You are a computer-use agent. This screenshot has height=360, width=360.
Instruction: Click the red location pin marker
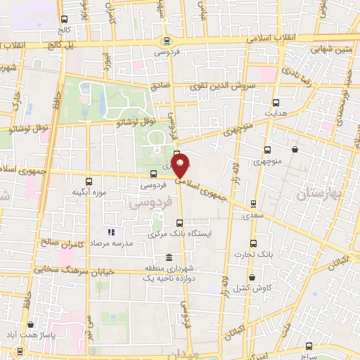pyautogui.click(x=181, y=165)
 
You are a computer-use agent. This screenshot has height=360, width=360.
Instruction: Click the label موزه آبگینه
pyautogui.click(x=89, y=192)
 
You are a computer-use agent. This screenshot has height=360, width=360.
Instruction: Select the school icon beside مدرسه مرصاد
pyautogui.click(x=110, y=232)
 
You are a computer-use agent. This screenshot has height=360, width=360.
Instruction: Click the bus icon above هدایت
pyautogui.click(x=275, y=103)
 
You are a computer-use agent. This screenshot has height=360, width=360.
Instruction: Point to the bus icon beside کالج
pyautogui.click(x=65, y=20)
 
